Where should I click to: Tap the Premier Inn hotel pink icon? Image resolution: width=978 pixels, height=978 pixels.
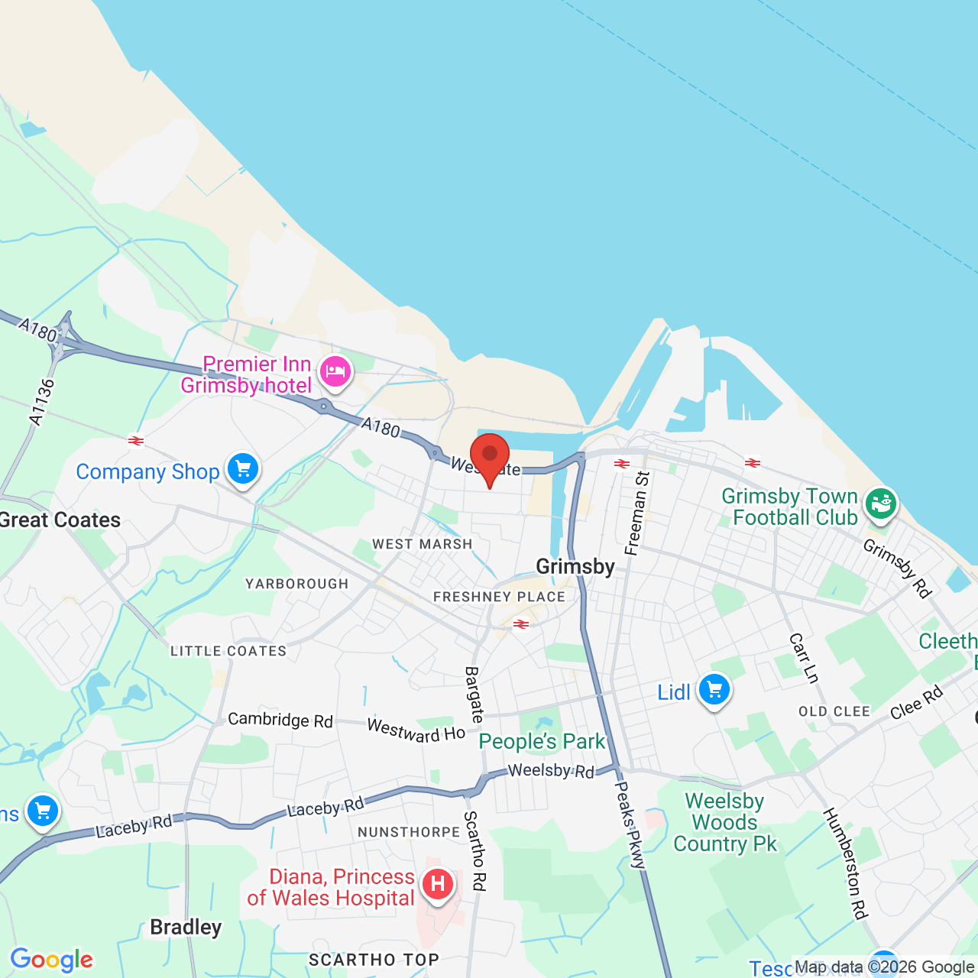coord(335,373)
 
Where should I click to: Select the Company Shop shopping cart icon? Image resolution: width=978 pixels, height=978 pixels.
coord(243,468)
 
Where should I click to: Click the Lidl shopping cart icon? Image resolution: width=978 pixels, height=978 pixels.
coord(714,690)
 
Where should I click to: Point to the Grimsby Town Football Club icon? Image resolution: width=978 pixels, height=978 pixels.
coord(880,504)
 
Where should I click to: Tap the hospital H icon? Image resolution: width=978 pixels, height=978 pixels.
coord(437,885)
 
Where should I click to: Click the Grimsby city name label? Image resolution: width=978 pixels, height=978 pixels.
coord(575,566)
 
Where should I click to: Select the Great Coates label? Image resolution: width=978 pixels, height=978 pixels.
coord(60,520)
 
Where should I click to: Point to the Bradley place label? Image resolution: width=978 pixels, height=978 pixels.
coord(186,928)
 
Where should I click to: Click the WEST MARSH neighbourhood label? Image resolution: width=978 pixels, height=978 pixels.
coord(423,544)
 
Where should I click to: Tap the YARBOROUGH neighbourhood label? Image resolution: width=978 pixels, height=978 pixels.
coord(296,584)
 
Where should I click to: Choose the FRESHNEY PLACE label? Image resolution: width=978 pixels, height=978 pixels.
coord(499,597)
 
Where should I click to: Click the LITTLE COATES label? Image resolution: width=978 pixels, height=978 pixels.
coord(228,651)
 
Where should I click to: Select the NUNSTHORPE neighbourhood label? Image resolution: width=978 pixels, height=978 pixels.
coord(409,832)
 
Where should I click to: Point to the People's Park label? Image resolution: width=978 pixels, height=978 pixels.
coord(542,741)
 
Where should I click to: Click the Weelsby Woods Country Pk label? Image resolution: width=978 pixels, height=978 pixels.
coord(724,822)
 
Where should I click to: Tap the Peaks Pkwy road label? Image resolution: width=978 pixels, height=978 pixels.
coord(631,825)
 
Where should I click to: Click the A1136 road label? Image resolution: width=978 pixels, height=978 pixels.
coord(42,402)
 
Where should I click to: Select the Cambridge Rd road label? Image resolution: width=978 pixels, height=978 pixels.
coord(280,720)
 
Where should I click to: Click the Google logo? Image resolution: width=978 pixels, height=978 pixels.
coord(51,960)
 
